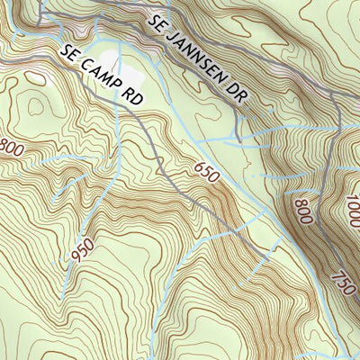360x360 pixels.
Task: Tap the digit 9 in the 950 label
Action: point(76,262)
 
